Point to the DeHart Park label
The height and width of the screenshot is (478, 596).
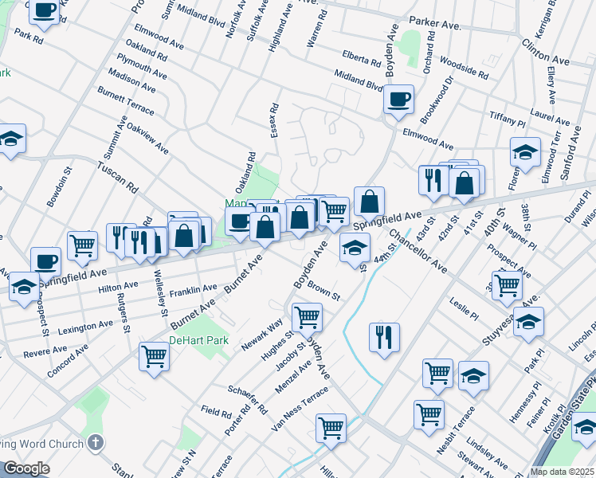click(x=198, y=340)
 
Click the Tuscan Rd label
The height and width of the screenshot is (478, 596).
click(x=117, y=177)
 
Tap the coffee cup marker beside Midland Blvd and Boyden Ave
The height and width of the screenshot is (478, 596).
click(x=398, y=100)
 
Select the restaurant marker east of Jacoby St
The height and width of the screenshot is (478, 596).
click(x=384, y=336)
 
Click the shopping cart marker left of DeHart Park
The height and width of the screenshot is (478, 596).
click(x=154, y=356)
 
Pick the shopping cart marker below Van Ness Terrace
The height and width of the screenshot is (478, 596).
click(x=331, y=428)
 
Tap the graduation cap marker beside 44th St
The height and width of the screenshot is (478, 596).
click(x=355, y=248)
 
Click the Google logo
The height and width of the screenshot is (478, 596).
click(x=26, y=468)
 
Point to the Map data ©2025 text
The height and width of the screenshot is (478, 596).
click(x=561, y=472)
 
